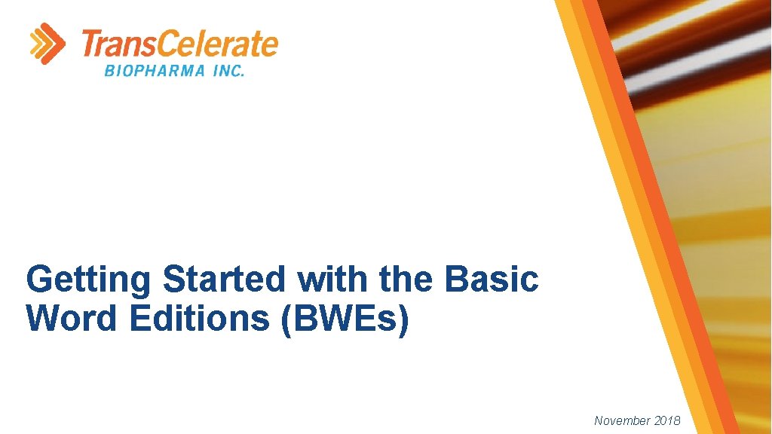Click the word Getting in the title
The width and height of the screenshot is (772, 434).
(89, 280)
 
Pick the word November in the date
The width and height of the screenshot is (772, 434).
(622, 420)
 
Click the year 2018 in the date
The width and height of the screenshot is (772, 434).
(666, 420)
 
